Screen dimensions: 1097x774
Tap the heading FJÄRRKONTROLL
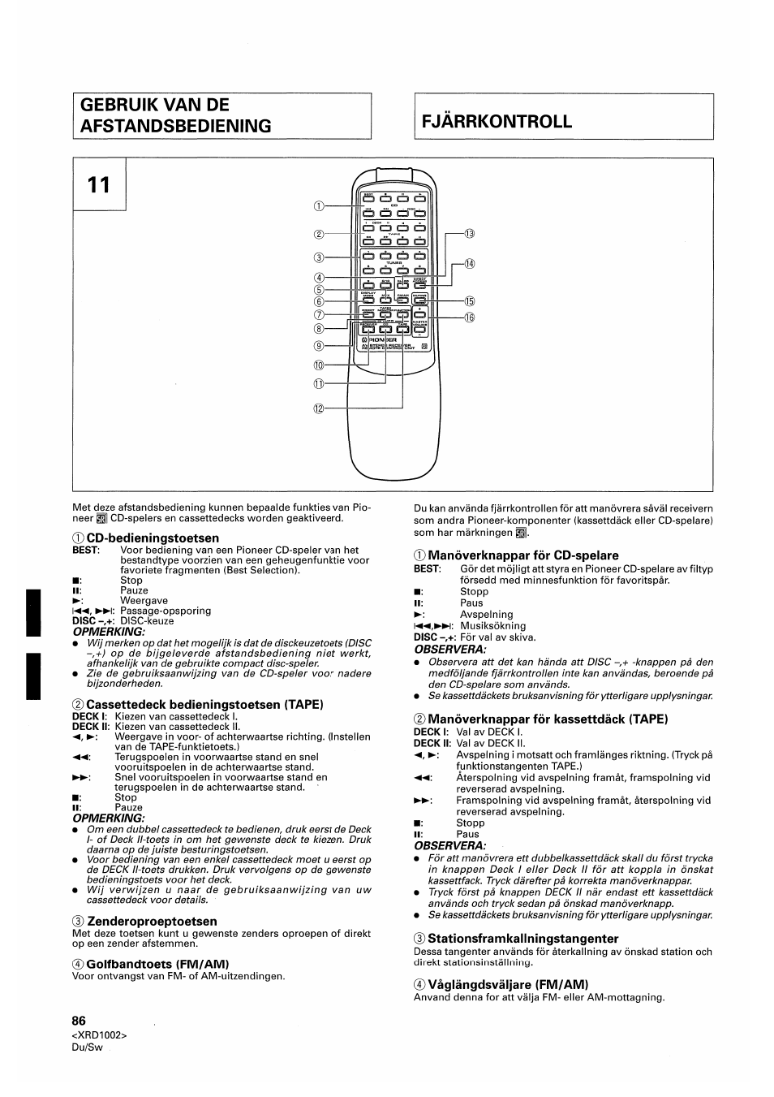pyautogui.click(x=497, y=122)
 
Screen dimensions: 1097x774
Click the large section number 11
pyautogui.click(x=100, y=185)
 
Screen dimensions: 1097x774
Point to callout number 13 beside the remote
pyautogui.click(x=469, y=234)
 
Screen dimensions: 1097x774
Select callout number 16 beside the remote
pyautogui.click(x=469, y=317)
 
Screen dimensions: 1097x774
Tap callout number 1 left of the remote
pyautogui.click(x=319, y=206)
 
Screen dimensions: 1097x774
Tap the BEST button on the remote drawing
pyautogui.click(x=368, y=198)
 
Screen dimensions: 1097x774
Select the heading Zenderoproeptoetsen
pyautogui.click(x=152, y=922)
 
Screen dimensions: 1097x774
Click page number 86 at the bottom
pyautogui.click(x=79, y=1021)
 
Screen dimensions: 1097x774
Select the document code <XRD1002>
pyautogui.click(x=100, y=1035)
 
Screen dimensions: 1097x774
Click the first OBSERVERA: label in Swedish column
pyautogui.click(x=449, y=649)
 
